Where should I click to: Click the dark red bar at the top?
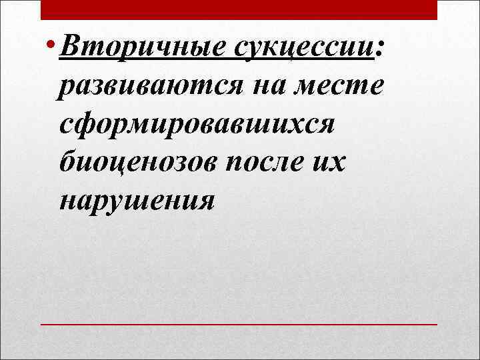239,9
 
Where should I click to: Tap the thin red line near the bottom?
239,324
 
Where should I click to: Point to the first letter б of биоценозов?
67,162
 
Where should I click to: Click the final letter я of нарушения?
205,202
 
